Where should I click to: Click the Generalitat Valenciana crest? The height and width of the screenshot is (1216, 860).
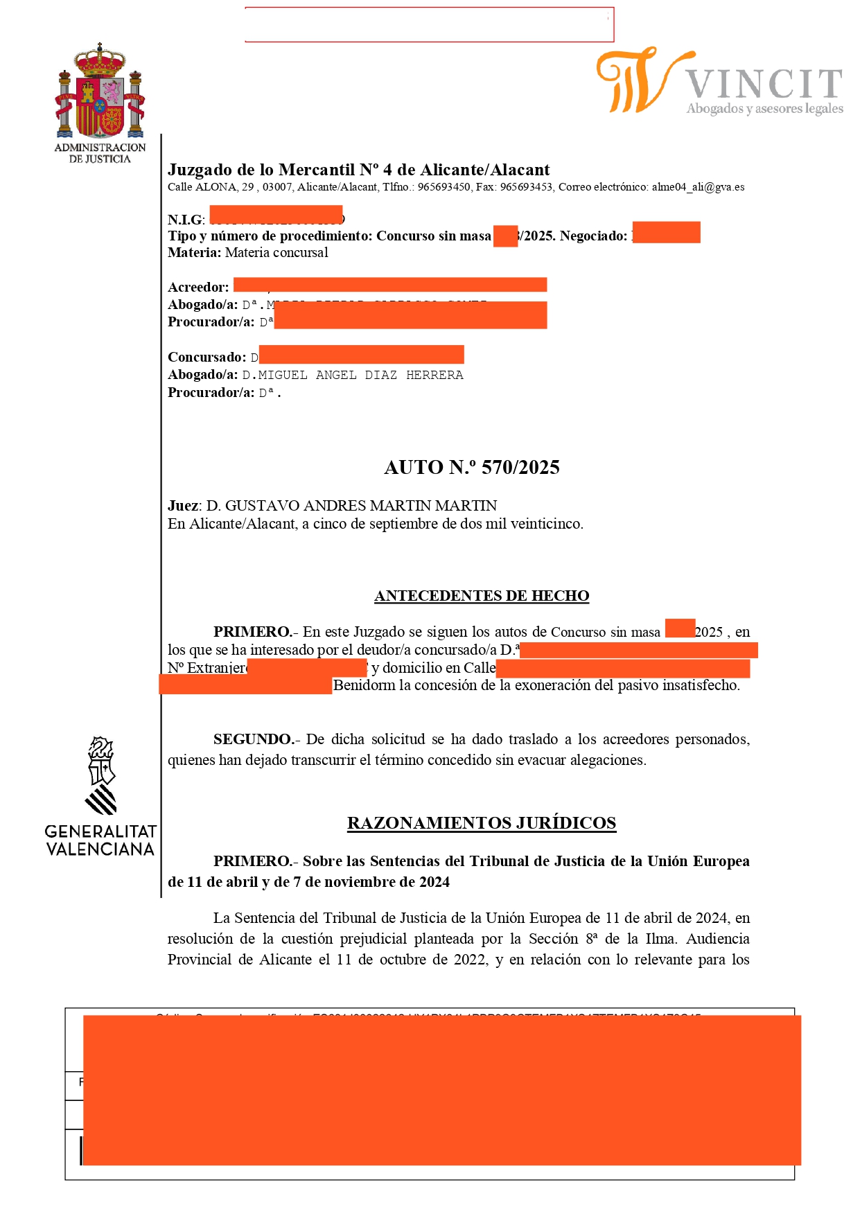(x=101, y=775)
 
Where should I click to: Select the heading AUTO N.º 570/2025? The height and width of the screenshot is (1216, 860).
(x=472, y=468)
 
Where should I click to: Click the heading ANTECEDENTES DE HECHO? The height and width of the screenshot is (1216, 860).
(x=482, y=596)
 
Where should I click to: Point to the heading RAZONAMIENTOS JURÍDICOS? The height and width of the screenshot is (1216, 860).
(x=482, y=823)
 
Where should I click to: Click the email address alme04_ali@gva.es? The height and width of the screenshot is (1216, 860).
(x=698, y=187)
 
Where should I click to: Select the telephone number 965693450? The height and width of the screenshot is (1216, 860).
(x=444, y=187)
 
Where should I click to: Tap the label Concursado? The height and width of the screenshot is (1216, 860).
(x=207, y=358)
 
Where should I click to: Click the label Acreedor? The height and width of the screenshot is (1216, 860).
(x=198, y=288)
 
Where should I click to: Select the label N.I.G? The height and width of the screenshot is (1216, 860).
(x=186, y=220)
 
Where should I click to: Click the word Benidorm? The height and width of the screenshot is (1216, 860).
(x=365, y=686)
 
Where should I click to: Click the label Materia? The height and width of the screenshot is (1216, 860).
(x=194, y=253)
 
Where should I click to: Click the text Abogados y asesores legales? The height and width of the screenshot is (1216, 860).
(x=765, y=109)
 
